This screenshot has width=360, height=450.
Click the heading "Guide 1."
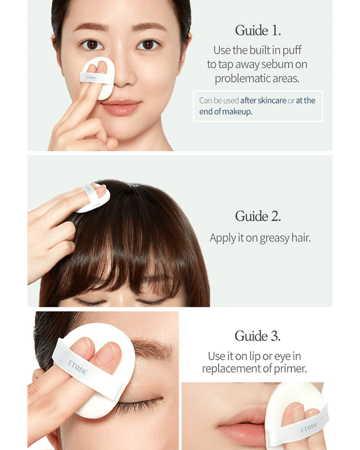pos(258,31)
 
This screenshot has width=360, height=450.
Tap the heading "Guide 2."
pos(258,216)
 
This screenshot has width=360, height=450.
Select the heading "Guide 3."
pos(257,336)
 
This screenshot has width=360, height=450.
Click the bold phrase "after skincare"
pos(263,100)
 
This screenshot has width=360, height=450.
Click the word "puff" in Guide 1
pos(292,51)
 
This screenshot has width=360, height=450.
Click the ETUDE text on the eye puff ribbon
pos(77,368)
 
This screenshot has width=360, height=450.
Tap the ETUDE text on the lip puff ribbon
pos(309,427)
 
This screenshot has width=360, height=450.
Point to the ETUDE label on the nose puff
pos(91,77)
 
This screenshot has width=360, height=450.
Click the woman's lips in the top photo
pos(121,107)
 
